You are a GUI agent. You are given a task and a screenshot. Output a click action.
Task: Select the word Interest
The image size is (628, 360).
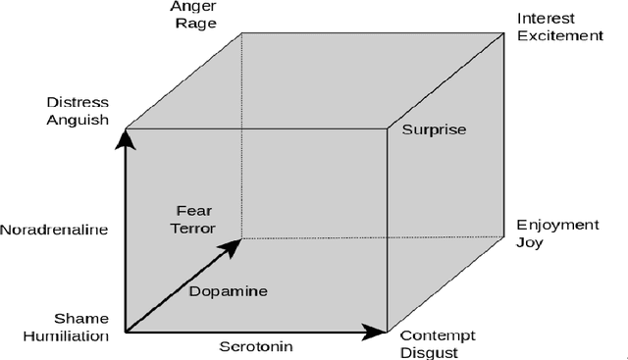click(546, 19)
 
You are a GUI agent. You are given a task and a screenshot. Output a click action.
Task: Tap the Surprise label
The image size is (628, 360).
click(434, 129)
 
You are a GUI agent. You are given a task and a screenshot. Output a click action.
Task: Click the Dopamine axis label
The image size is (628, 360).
click(228, 290)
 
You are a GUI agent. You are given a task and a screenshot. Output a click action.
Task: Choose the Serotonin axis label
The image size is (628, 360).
click(255, 345)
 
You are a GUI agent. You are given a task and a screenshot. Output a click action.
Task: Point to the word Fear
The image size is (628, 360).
click(193, 210)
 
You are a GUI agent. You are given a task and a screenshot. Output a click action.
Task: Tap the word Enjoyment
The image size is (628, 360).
click(557, 225)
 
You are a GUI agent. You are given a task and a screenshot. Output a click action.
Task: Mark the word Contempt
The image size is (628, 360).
click(432, 334)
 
